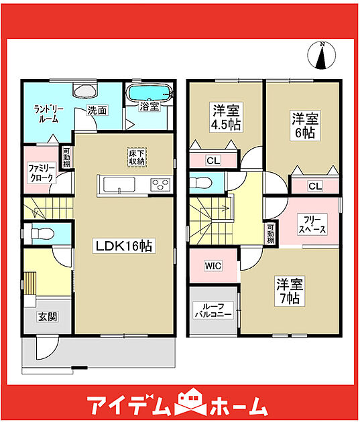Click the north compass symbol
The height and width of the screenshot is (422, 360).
322,55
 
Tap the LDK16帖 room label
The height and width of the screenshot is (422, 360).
124,245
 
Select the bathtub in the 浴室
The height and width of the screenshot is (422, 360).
149,93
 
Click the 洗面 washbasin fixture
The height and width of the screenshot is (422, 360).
85,91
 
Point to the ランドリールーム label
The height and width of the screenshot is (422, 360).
49,114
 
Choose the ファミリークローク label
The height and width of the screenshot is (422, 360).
42,173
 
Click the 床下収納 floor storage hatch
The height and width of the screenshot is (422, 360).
137,157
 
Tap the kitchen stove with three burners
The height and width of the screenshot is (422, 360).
160,185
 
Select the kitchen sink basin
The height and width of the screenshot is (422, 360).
119,185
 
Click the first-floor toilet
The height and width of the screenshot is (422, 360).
41,233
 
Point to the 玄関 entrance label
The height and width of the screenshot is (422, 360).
48,316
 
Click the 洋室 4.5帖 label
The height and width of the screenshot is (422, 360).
226,117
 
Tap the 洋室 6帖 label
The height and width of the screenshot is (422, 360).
305,125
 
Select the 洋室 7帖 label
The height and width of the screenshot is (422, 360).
290,291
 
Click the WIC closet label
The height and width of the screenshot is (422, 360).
213,266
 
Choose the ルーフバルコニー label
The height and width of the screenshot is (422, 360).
213,310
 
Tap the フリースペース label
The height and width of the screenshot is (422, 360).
312,224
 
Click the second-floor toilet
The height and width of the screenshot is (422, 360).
200,183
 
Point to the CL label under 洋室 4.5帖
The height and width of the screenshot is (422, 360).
213,161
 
